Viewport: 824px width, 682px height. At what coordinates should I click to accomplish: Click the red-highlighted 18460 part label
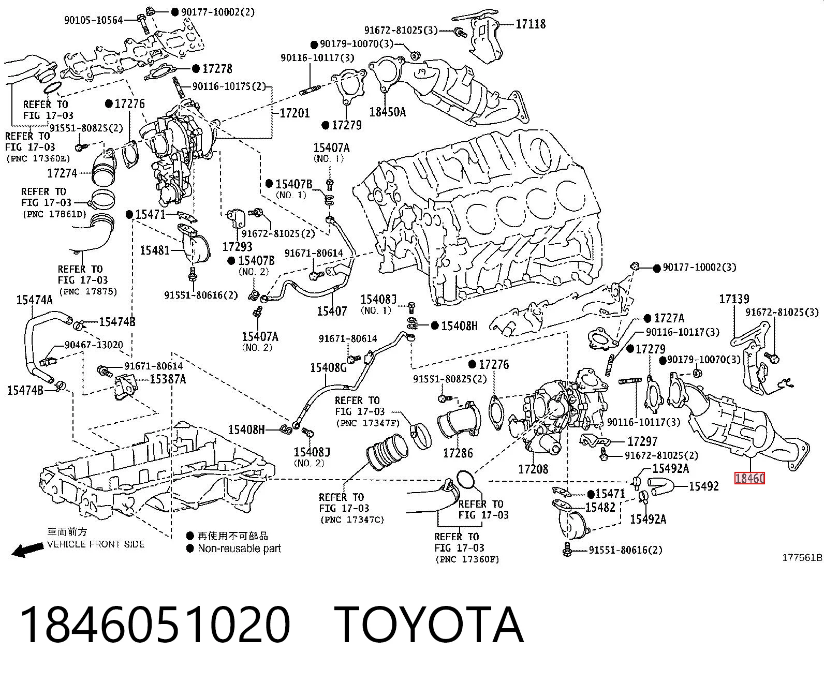point(749,478)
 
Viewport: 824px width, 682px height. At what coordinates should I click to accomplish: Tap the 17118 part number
point(531,24)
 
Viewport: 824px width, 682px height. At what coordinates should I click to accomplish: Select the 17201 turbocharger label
point(295,113)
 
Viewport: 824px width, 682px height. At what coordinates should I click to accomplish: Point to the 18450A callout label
point(387,112)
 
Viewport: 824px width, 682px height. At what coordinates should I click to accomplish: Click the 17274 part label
point(62,173)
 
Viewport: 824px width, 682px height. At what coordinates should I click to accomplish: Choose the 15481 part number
point(155,250)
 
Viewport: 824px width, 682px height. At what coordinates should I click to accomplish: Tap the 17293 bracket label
point(237,247)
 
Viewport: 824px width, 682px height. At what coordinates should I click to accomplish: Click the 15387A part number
point(168,379)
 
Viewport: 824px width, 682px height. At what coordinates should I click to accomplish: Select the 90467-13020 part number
point(94,345)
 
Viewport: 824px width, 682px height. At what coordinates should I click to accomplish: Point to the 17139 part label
point(734,299)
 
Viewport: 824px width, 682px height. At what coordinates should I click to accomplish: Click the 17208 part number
point(533,469)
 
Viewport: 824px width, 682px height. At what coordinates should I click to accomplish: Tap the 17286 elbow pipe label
point(458,453)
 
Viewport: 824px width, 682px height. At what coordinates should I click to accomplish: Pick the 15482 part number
point(600,507)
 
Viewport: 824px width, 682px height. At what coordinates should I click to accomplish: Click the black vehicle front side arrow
point(27,550)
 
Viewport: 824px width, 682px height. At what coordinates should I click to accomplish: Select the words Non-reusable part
point(239,548)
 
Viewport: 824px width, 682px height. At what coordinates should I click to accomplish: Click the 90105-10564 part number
point(94,20)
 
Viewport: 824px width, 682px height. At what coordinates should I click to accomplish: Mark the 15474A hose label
point(34,300)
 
